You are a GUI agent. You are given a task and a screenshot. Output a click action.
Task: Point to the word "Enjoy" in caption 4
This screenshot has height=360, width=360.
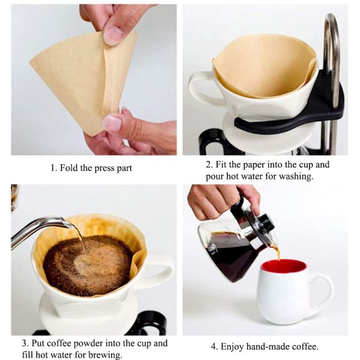click(x=232, y=347)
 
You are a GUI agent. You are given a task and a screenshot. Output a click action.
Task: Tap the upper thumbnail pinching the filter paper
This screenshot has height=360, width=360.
click(x=113, y=33)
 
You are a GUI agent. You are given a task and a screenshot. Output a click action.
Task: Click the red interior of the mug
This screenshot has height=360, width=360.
click(x=284, y=266)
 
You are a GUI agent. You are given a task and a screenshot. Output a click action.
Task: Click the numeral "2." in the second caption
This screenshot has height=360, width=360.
click(x=209, y=165)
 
